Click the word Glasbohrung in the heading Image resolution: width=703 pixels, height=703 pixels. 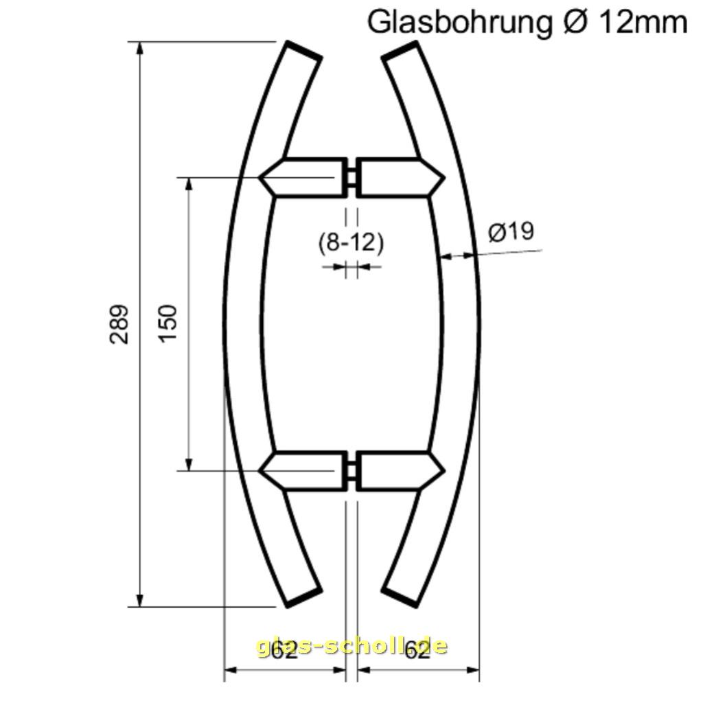click(x=459, y=22)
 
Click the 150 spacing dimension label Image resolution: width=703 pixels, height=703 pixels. click(x=168, y=324)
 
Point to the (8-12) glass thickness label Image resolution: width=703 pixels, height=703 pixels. click(x=351, y=242)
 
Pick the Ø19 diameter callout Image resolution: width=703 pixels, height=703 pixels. click(x=511, y=232)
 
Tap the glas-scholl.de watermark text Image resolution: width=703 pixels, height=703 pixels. click(x=351, y=646)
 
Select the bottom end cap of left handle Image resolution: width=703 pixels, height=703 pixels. click(x=303, y=597)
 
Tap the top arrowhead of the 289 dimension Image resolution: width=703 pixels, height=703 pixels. click(x=141, y=49)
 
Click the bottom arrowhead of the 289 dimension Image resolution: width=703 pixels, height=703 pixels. click(x=141, y=599)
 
